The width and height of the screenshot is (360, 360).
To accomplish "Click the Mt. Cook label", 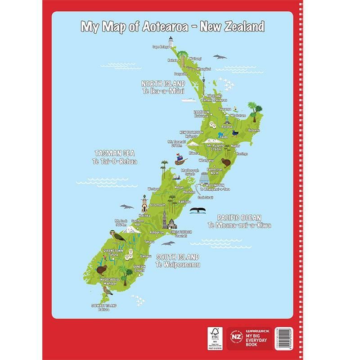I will (x=120, y=221).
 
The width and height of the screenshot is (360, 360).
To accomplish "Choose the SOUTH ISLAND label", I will (x=177, y=257).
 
